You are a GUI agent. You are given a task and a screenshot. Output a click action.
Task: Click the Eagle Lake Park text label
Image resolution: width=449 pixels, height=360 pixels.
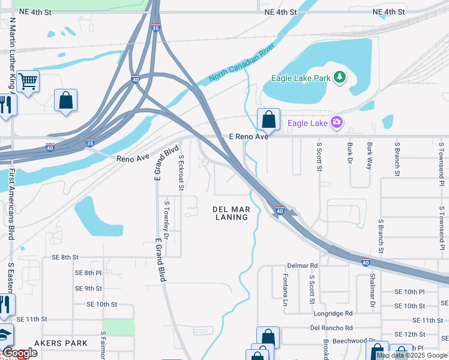point(301,78)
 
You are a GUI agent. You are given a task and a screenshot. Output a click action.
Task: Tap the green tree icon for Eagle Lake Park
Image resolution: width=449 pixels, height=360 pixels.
point(340,77)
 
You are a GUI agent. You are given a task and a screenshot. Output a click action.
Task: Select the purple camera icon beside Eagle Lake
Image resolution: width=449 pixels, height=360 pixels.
point(336,123)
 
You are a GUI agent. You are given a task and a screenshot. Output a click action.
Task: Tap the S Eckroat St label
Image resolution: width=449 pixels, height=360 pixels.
point(181,172)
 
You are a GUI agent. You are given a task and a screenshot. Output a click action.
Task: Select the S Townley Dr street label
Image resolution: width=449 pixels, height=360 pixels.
point(167,220)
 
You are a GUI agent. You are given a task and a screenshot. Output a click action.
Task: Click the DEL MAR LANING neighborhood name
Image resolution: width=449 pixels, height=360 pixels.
point(231,213)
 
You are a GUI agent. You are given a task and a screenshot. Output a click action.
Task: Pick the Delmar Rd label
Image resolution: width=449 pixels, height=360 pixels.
point(302,265)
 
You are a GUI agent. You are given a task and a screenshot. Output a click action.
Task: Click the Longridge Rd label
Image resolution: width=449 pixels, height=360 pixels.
point(333,313)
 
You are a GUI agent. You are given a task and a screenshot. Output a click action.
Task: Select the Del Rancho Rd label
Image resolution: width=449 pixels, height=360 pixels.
point(331,328)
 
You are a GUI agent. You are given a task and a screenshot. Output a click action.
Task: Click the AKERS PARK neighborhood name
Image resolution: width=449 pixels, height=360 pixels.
point(61,343)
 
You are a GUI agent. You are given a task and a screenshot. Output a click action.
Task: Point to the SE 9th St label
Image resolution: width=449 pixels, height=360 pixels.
point(89,289)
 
